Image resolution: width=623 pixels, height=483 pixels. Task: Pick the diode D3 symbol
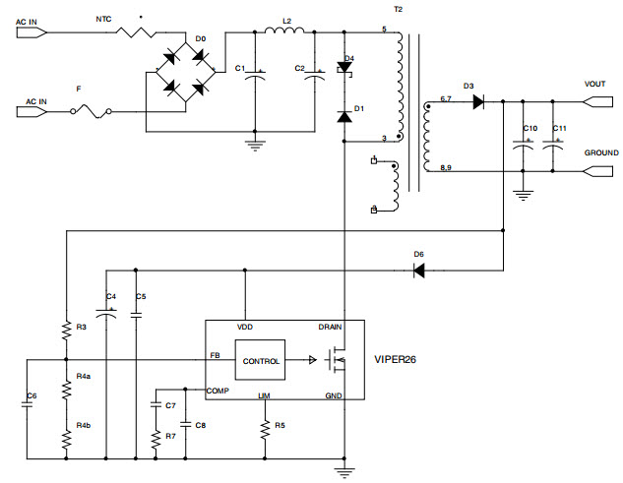477,101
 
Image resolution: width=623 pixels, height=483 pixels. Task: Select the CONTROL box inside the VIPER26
259,361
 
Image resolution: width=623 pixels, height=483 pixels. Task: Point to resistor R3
66,332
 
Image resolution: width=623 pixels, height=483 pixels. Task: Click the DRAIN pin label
331,327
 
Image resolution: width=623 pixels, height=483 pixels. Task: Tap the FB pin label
215,355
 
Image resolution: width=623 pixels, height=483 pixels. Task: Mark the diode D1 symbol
343,116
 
